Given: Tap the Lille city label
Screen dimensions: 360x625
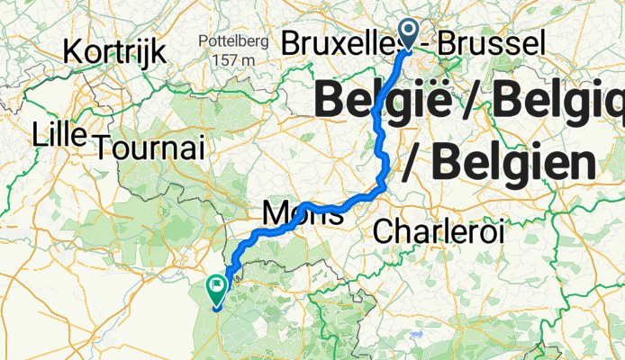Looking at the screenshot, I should pos(59,134).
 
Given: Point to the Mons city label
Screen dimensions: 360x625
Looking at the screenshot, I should pos(292,214).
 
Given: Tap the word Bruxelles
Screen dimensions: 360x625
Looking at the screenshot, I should pos(339,41).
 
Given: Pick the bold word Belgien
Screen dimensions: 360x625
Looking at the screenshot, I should pos(513,163).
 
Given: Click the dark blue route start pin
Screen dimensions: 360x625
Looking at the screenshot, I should pos(408,34).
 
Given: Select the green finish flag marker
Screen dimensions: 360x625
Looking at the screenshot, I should pos(217,290).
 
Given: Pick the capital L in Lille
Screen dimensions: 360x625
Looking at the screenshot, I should pos(37,134).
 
